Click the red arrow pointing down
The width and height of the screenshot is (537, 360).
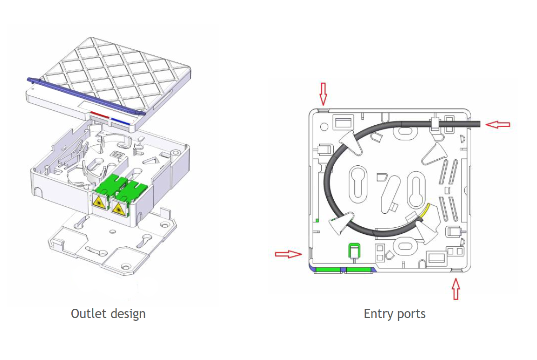pyautogui.click(x=323, y=93)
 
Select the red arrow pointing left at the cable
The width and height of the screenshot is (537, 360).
pyautogui.click(x=498, y=124)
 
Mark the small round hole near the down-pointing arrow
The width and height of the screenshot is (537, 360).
pyautogui.click(x=323, y=126)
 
